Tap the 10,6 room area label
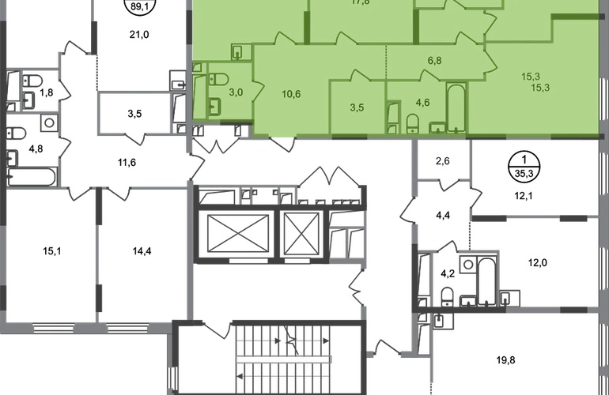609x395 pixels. click(x=290, y=96)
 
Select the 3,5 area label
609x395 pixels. click(x=357, y=107)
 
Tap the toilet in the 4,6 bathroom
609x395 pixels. click(x=412, y=123)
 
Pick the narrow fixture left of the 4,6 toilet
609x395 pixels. click(x=393, y=118)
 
